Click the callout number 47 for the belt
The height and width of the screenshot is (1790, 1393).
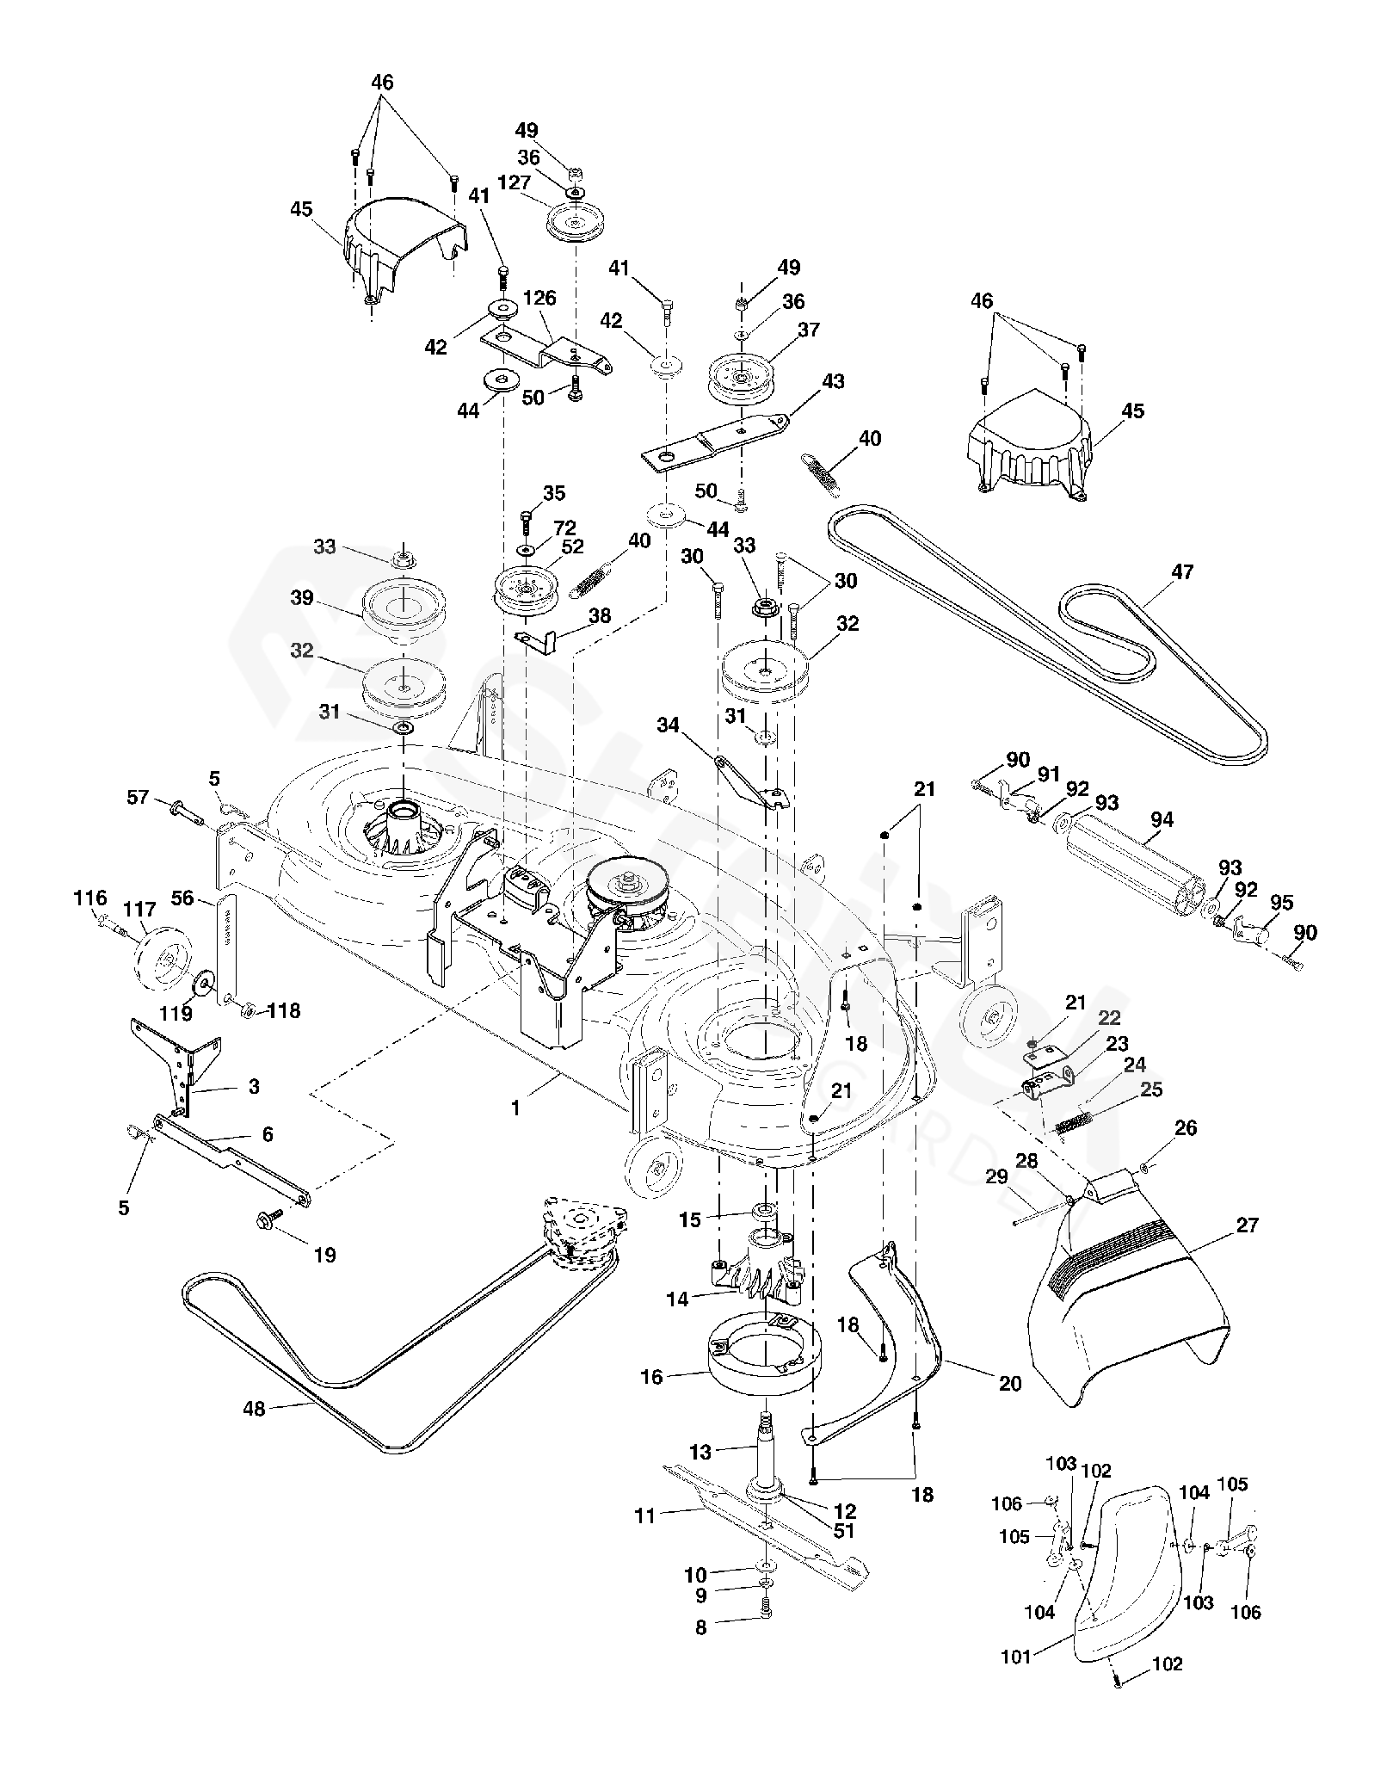coord(1182,571)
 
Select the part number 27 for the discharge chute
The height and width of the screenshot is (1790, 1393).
coord(1247,1225)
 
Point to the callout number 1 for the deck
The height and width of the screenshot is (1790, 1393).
coord(515,1109)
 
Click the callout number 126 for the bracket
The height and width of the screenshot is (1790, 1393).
coord(539,299)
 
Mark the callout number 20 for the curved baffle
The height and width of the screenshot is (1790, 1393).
coord(1009,1383)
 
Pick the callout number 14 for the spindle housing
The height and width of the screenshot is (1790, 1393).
coord(677,1299)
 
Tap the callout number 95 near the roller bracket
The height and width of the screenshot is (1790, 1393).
coord(1281,903)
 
